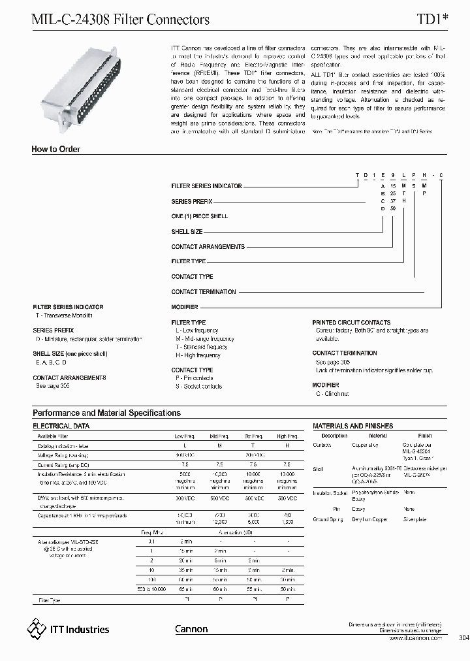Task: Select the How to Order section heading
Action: point(56,150)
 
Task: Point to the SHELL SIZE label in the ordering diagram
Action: point(187,232)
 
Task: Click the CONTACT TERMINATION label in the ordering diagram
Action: point(204,292)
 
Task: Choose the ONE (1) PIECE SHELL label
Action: point(200,216)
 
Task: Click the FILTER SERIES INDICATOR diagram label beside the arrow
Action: point(206,186)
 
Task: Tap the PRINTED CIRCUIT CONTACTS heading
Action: point(351,323)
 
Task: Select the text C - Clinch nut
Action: point(333,394)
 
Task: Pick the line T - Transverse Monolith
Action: point(64,315)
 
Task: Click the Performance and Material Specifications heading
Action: point(106,413)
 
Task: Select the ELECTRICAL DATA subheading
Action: point(61,426)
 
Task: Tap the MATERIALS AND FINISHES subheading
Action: point(352,426)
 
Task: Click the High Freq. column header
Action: point(287,436)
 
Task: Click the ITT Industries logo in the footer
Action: point(68,629)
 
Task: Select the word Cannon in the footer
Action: point(191,629)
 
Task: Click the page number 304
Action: point(463,638)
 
